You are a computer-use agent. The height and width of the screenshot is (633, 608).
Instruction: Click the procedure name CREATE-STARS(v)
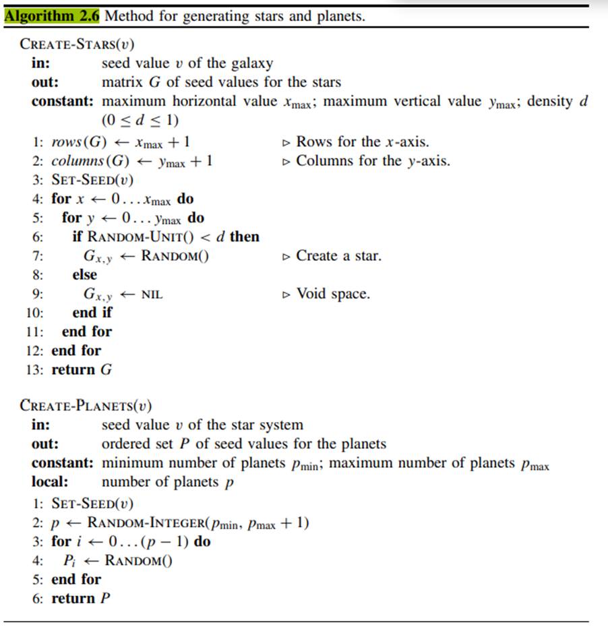pyautogui.click(x=77, y=44)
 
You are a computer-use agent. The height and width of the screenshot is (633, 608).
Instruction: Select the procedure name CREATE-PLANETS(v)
pyautogui.click(x=86, y=406)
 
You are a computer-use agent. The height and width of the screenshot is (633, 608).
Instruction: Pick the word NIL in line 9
pyautogui.click(x=152, y=295)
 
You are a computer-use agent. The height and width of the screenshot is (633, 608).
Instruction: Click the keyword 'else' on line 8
pyautogui.click(x=84, y=275)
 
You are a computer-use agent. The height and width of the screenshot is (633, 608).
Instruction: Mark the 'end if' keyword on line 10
pyautogui.click(x=92, y=313)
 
